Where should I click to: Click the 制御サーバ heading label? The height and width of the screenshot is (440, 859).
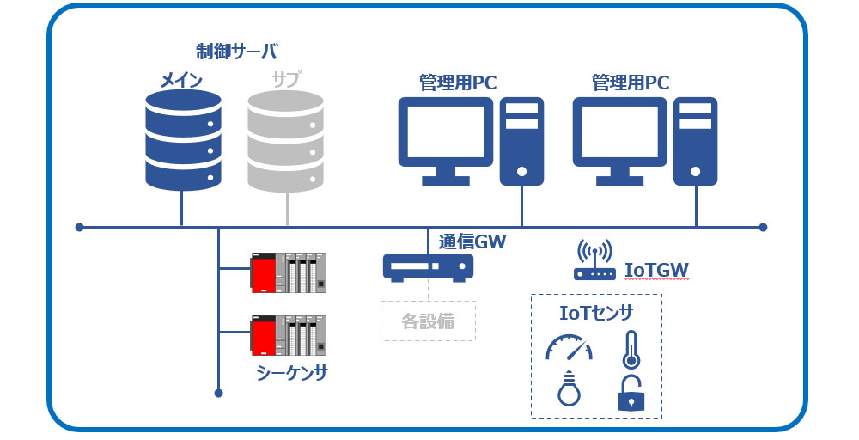[236, 51]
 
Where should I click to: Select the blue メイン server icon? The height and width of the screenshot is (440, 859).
[183, 140]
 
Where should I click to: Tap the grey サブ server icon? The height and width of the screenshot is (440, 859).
[285, 140]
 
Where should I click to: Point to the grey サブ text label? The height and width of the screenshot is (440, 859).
[286, 81]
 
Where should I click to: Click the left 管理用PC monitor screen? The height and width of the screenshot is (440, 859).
[446, 131]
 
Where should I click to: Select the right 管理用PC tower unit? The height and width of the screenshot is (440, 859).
[695, 141]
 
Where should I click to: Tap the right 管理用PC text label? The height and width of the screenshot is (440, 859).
[631, 83]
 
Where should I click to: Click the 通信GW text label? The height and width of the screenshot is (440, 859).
[472, 242]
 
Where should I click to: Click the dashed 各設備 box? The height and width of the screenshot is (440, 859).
[428, 321]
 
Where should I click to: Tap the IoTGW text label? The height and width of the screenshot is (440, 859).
[657, 271]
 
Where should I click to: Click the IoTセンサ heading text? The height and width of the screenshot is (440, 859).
[595, 312]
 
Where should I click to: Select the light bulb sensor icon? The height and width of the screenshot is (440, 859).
[568, 390]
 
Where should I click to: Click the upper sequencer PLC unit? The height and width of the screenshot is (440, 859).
[288, 272]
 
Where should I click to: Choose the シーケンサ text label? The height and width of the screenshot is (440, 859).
[292, 373]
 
